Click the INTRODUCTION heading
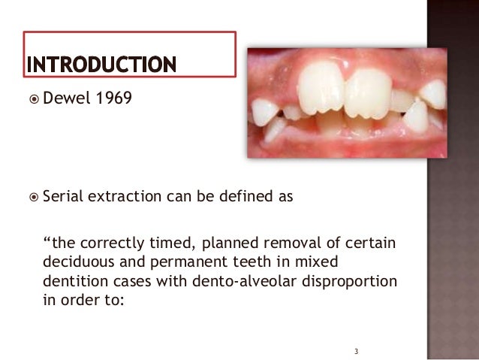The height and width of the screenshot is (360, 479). point(102,65)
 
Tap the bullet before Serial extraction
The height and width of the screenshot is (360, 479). point(32,198)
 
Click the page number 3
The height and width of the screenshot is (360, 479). point(357,351)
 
